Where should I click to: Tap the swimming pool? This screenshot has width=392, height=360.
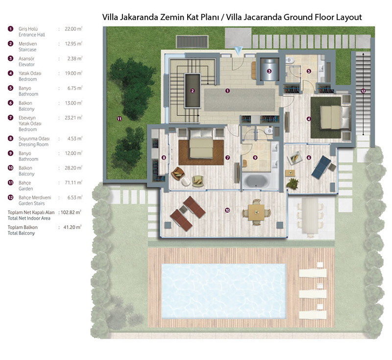tap(224, 291)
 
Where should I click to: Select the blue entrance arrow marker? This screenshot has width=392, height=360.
tap(238, 51)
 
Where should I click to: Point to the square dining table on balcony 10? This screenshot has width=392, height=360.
tap(256, 212)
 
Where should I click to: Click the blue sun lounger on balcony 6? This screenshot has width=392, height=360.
tap(321, 167)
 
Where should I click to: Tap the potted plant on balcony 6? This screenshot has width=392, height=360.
tap(292, 184)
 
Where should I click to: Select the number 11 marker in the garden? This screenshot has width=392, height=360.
tap(119, 119)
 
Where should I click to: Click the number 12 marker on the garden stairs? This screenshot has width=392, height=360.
tap(363, 91)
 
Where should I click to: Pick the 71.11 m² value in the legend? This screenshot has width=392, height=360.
tap(73, 182)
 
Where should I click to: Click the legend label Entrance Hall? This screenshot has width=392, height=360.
tap(32, 35)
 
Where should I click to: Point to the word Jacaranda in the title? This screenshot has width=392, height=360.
tap(265, 17)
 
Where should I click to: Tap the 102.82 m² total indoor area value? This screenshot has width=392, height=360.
tap(71, 212)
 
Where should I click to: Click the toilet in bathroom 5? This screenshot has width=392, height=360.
tap(290, 60)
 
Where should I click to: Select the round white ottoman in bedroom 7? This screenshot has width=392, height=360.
tap(186, 181)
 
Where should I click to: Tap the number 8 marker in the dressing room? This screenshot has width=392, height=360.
tap(164, 157)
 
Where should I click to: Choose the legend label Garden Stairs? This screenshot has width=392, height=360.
tap(32, 204)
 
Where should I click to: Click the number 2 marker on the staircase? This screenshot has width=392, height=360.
tap(192, 91)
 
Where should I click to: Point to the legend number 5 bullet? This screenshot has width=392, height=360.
tap(10, 88)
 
